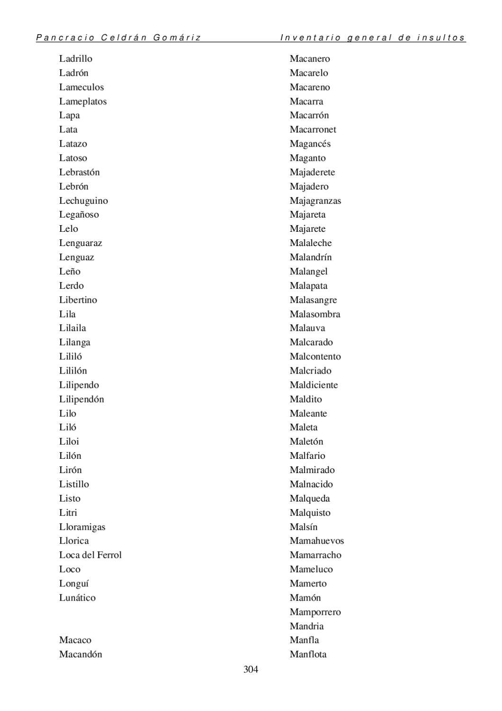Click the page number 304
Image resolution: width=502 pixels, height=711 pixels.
pyautogui.click(x=251, y=669)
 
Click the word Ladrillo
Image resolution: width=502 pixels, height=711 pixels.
pyautogui.click(x=76, y=59)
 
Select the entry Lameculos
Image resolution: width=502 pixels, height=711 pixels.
pyautogui.click(x=81, y=87)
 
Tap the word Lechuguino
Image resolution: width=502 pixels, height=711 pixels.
pyautogui.click(x=83, y=201)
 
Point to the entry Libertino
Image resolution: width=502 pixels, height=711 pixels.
pyautogui.click(x=78, y=300)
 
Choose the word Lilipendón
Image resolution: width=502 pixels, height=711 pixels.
pyautogui.click(x=81, y=399)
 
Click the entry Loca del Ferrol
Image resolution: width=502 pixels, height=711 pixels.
pyautogui.click(x=90, y=555)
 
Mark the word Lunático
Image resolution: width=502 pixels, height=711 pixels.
pyautogui.click(x=77, y=598)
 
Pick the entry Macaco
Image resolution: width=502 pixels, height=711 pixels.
pyautogui.click(x=75, y=640)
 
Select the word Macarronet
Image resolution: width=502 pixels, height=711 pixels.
pyautogui.click(x=313, y=129)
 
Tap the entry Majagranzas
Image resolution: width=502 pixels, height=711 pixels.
pyautogui.click(x=315, y=201)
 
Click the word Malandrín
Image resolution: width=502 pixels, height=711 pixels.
pyautogui.click(x=311, y=257)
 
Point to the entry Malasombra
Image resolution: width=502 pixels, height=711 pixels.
pyautogui.click(x=315, y=314)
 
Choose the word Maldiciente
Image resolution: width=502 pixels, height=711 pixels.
pyautogui.click(x=314, y=385)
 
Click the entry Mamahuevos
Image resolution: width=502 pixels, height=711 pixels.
pyautogui.click(x=317, y=541)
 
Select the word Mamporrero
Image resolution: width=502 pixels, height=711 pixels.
pyautogui.click(x=315, y=612)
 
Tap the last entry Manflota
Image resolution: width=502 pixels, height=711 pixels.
pyautogui.click(x=308, y=654)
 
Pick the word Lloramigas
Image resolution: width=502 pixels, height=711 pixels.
pyautogui.click(x=82, y=527)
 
